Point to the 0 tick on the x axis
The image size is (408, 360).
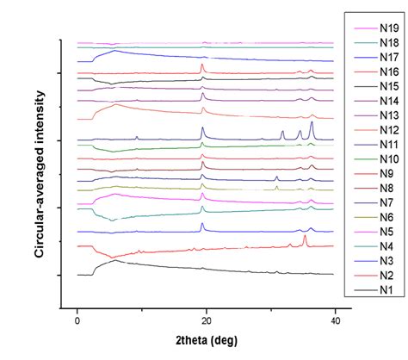pos(77,320)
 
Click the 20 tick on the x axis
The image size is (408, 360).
pos(206,320)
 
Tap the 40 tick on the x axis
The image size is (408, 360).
pos(334,320)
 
